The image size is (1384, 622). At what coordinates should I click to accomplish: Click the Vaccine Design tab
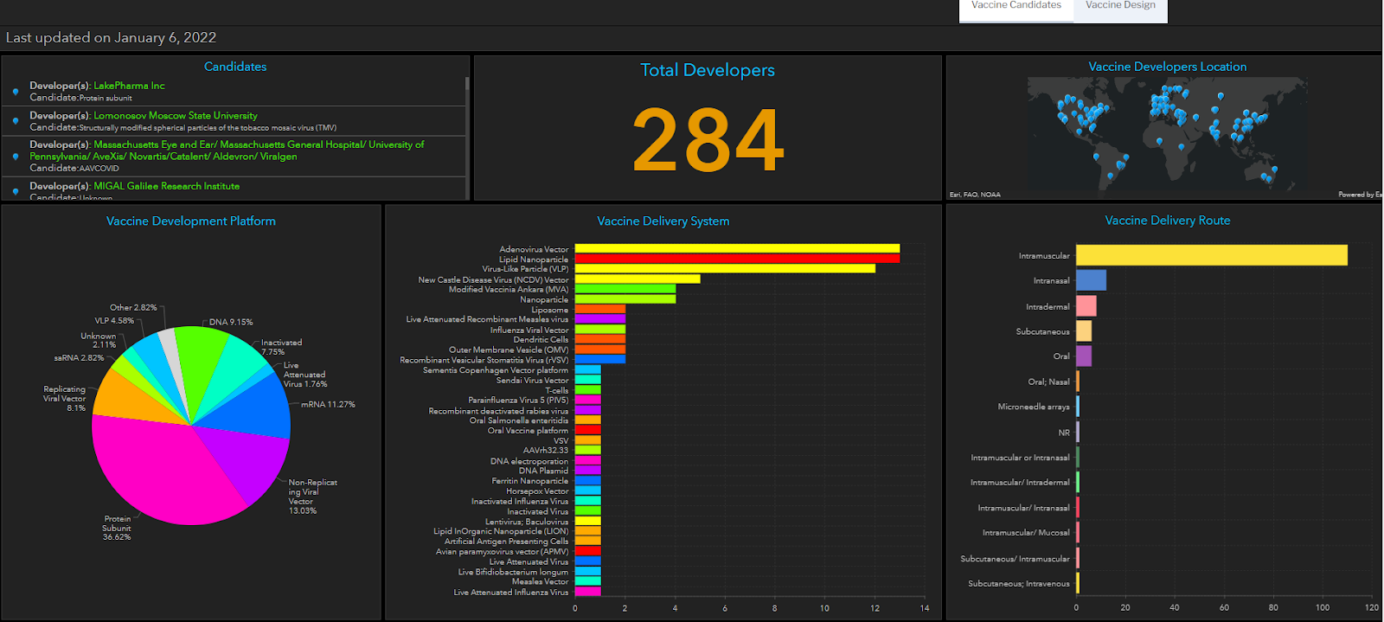(x=1120, y=6)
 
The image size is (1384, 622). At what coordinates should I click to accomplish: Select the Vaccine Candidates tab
(x=1016, y=6)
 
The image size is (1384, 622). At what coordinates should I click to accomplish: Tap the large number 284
(x=708, y=139)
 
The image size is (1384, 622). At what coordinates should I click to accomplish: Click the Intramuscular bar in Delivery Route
(x=1211, y=255)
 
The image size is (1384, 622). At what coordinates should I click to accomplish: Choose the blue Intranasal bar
(x=1091, y=280)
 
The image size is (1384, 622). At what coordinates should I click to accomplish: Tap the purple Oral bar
(x=1084, y=356)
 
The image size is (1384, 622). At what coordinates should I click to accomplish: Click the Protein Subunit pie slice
(x=164, y=471)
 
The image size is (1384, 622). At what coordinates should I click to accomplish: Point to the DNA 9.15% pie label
(x=231, y=322)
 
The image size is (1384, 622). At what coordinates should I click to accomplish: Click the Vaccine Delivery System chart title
(x=663, y=221)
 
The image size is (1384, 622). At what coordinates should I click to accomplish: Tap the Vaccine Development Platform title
(x=191, y=221)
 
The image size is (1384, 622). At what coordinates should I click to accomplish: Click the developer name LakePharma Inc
(x=129, y=86)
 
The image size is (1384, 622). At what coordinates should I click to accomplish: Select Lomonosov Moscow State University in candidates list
(x=176, y=115)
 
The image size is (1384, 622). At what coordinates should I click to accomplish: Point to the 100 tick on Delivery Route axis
(x=1323, y=607)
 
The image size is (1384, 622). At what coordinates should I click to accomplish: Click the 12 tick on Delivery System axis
(x=875, y=608)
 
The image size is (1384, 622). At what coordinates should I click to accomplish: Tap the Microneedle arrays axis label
(x=1034, y=407)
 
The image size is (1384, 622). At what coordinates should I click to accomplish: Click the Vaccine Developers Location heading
(x=1167, y=67)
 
